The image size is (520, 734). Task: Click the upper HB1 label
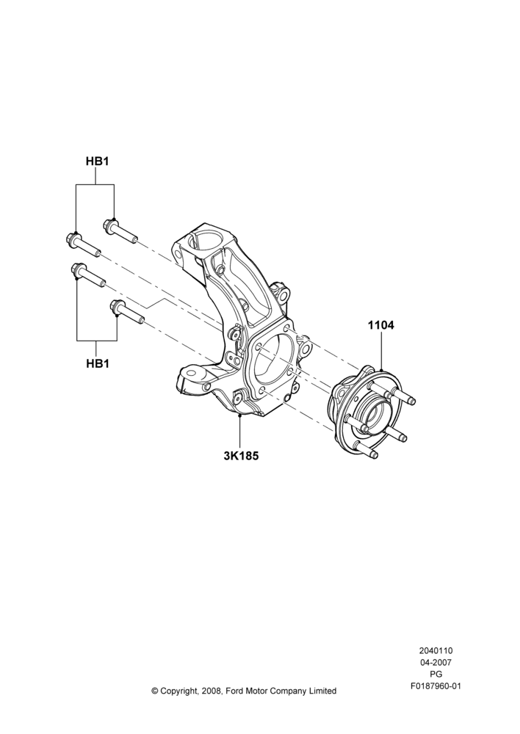[x=98, y=161]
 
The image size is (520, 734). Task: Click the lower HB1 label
[x=98, y=363]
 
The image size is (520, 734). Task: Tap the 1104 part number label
[x=381, y=325]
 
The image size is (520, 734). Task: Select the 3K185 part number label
[x=241, y=454]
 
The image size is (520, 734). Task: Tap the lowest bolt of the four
[x=127, y=312]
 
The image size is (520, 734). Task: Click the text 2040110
[x=436, y=650]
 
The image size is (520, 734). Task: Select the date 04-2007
[x=436, y=662]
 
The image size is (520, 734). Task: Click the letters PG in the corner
[x=436, y=675]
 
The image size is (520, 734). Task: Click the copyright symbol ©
[x=155, y=691]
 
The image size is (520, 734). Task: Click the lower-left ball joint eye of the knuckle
[x=191, y=374]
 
